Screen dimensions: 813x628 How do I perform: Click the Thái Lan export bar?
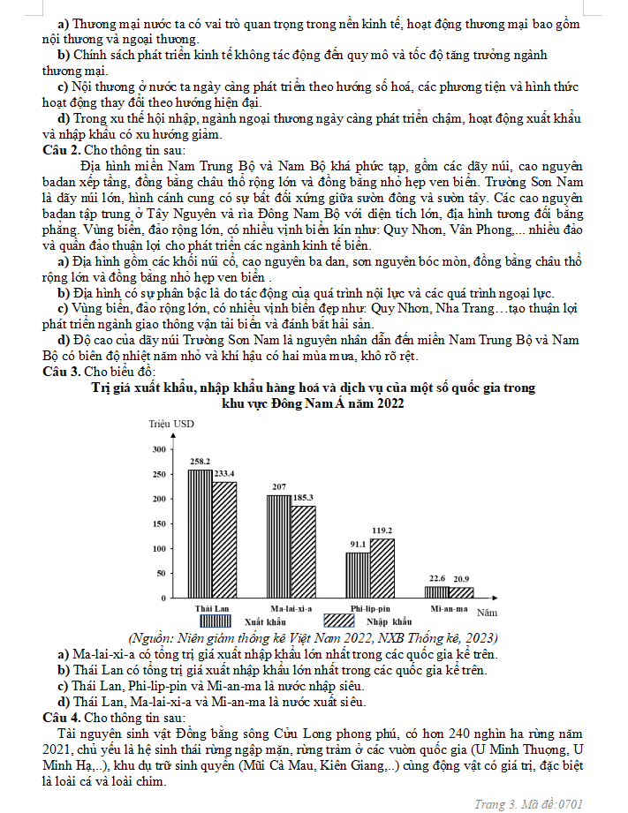point(201,533)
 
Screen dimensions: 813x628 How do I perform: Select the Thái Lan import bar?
point(224,539)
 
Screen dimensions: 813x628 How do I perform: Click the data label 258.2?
point(201,462)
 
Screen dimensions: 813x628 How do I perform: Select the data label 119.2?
point(382,531)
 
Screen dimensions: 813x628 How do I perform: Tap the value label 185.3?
point(303,498)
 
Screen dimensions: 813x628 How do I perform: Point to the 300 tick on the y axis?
point(160,449)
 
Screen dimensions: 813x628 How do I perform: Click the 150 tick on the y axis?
point(160,523)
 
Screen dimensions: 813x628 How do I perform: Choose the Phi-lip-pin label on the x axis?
point(371,609)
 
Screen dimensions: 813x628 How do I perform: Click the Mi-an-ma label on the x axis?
point(449,609)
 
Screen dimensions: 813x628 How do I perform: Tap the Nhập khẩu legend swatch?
point(341,621)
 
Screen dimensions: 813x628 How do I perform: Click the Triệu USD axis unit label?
point(170,424)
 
